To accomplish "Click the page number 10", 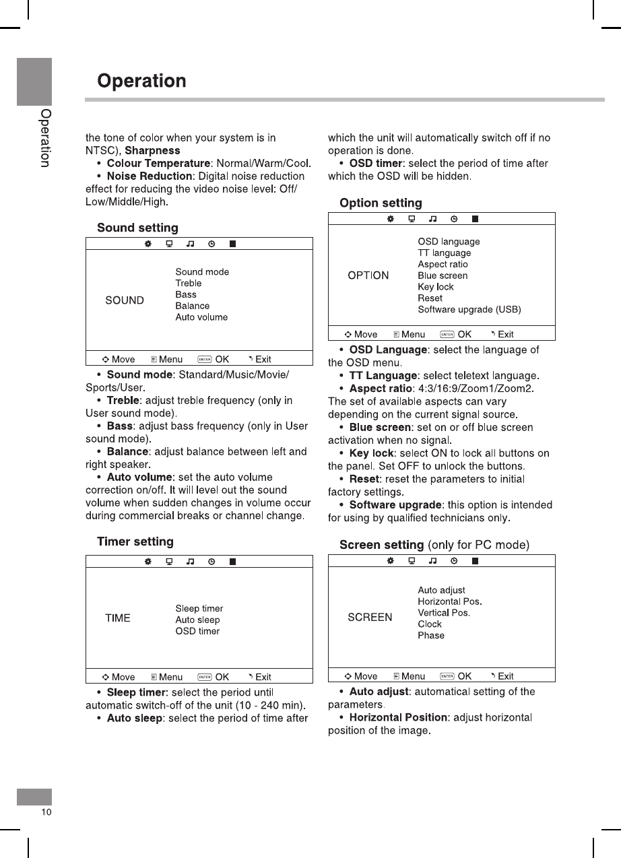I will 46,812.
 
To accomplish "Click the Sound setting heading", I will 137,228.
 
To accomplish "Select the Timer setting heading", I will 135,541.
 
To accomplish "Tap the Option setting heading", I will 381,203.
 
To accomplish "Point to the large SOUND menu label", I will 125,300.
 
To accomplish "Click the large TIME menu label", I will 118,618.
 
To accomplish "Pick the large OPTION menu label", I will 368,275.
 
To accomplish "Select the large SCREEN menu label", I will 370,618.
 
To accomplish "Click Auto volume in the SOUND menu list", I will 201,317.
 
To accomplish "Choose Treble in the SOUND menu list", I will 189,284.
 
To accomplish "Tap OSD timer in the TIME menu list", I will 197,631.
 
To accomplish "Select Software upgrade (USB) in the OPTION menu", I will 469,310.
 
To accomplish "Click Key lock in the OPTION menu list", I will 436,287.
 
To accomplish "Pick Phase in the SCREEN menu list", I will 431,636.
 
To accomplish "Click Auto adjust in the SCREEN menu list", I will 441,591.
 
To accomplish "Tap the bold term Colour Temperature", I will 158,164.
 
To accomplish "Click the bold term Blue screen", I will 380,428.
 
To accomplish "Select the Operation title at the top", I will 141,81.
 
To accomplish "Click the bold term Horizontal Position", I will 398,718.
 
